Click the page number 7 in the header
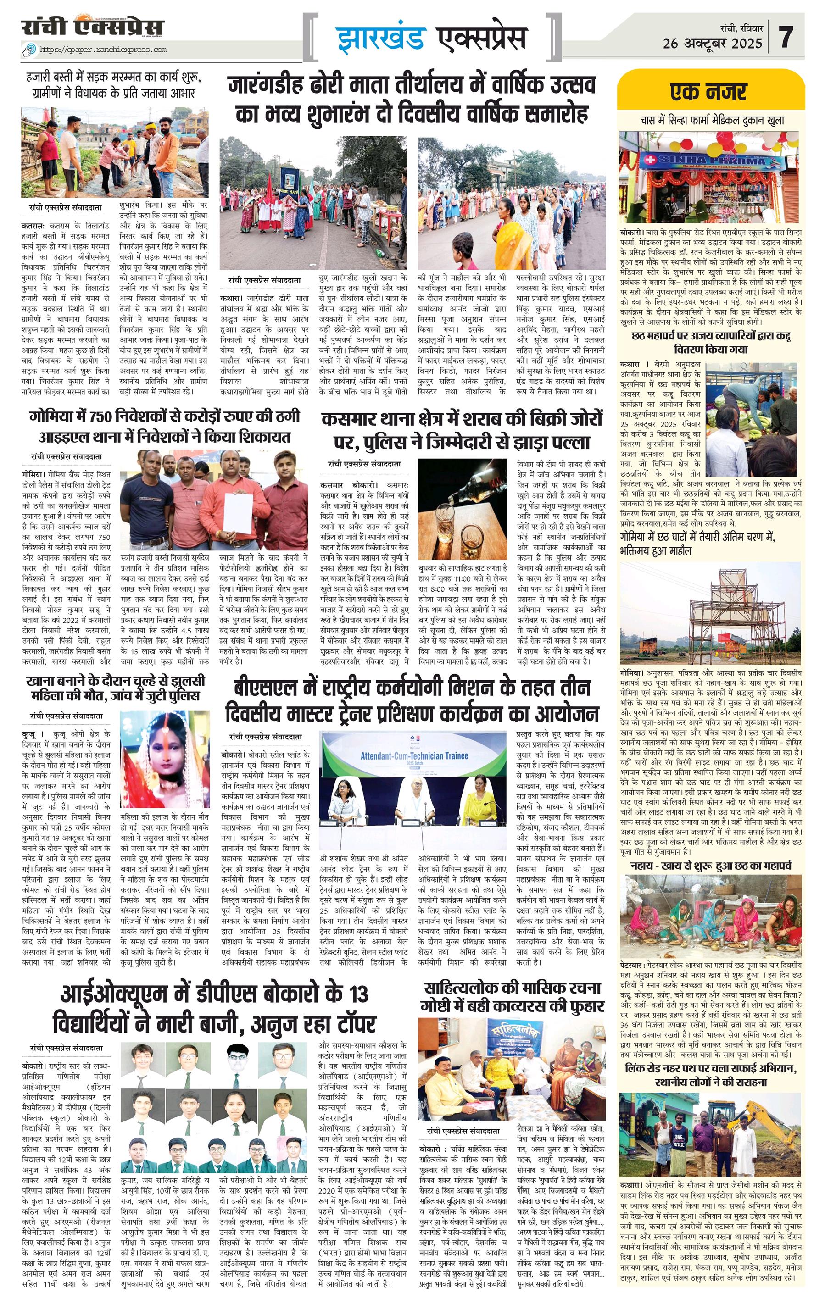pyautogui.click(x=787, y=37)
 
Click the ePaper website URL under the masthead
pyautogui.click(x=102, y=50)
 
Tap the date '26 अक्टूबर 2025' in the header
pyautogui.click(x=712, y=43)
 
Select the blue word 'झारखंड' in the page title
pyautogui.click(x=380, y=38)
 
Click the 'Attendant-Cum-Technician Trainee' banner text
pyautogui.click(x=414, y=756)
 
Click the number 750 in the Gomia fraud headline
pyautogui.click(x=102, y=416)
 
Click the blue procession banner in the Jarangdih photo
pyautogui.click(x=290, y=181)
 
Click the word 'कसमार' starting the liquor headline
pyautogui.click(x=348, y=420)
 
